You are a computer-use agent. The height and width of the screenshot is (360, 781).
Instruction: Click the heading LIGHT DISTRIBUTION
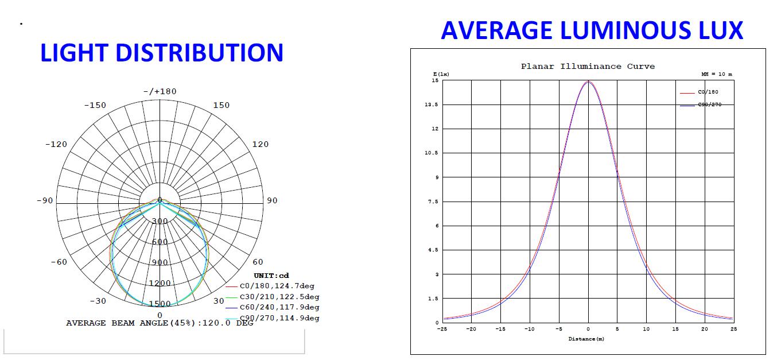161,52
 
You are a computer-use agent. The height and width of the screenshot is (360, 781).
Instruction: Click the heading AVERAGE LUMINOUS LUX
592,30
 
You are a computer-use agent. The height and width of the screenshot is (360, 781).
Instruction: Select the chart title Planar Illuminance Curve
587,67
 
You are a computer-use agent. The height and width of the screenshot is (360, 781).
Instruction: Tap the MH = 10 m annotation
716,75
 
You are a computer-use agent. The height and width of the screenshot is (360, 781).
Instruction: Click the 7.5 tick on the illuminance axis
433,202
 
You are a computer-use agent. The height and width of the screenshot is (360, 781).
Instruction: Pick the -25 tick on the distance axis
442,329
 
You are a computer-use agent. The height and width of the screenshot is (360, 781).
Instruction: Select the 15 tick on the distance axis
675,329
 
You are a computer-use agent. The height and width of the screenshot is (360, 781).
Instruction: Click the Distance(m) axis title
586,339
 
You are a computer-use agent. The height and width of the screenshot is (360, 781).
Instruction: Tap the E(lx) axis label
441,75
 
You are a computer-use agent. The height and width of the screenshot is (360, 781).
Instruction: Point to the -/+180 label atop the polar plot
160,91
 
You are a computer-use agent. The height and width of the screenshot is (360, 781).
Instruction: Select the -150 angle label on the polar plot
95,105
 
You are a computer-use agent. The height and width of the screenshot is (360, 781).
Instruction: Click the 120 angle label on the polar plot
260,144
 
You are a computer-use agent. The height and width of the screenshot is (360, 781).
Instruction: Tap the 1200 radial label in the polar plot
160,283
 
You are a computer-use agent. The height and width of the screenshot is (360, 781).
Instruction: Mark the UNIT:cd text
271,276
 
